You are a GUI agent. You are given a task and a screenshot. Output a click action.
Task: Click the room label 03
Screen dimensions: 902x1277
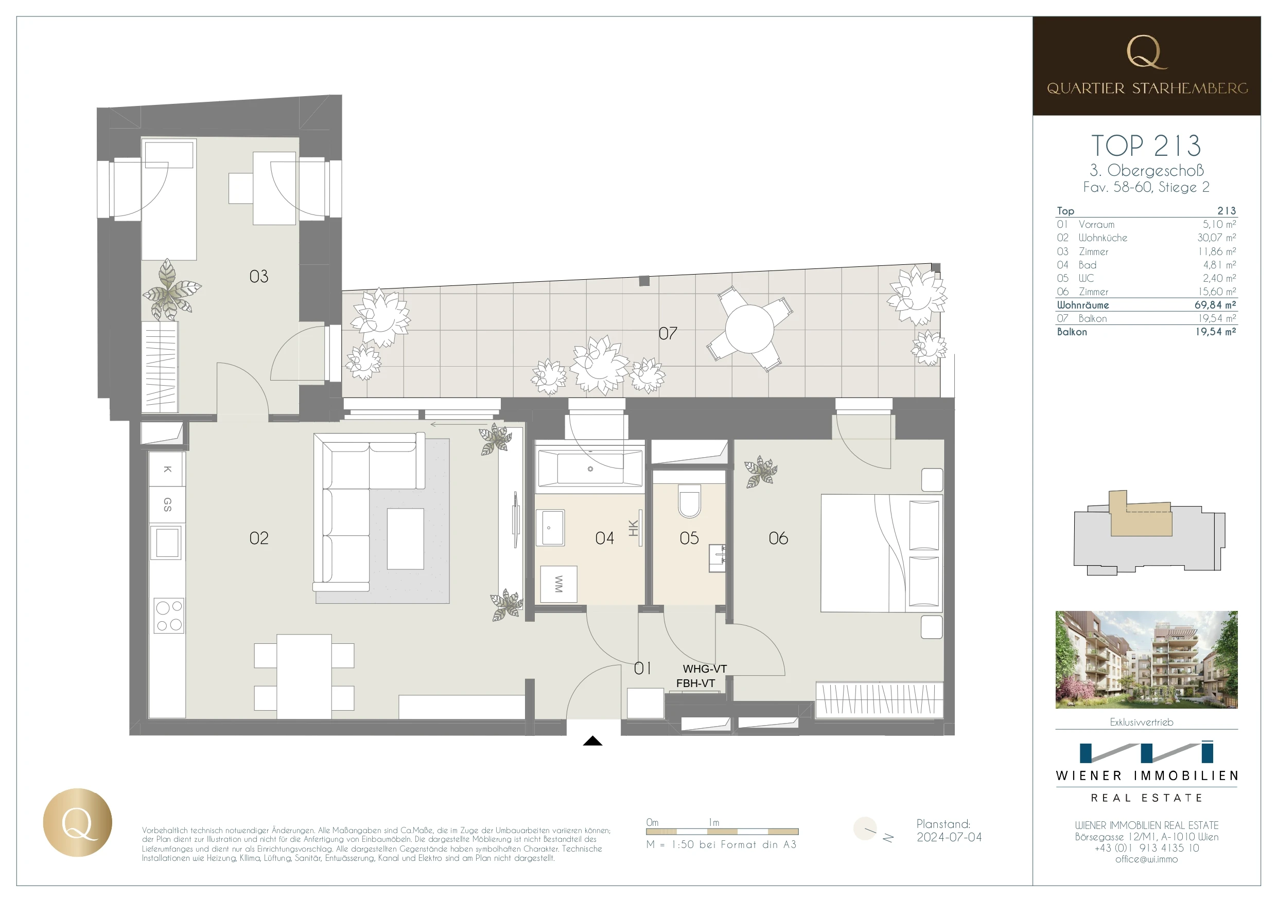(258, 276)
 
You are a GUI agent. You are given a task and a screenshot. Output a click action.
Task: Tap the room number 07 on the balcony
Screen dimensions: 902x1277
(668, 333)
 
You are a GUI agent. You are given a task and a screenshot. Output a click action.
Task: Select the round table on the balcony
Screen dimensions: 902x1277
(749, 329)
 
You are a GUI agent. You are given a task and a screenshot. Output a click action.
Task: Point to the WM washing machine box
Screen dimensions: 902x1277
(558, 584)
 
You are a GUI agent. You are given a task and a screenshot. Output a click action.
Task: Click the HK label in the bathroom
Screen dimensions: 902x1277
(633, 528)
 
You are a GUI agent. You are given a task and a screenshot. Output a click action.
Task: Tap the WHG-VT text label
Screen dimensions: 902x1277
(704, 669)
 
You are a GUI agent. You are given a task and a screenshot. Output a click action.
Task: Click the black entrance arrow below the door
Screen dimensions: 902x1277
(592, 741)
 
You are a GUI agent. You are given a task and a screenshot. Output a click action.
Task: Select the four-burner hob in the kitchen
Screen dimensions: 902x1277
(168, 616)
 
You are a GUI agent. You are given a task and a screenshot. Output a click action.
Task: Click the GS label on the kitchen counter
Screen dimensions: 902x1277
(167, 504)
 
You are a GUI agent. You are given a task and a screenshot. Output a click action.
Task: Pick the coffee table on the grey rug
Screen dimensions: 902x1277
(405, 538)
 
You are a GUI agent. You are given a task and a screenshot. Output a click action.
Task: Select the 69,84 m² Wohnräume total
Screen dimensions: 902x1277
(1215, 305)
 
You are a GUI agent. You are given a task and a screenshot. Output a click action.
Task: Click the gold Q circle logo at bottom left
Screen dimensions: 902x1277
(77, 822)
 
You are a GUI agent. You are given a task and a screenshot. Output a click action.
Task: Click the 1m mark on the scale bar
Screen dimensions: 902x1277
(714, 822)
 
